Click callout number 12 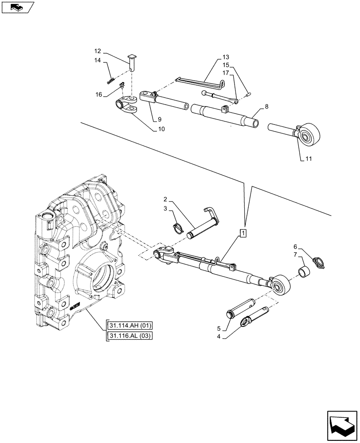98,51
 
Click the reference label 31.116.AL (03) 129,336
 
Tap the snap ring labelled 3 179,228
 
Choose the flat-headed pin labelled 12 132,62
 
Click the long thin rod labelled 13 200,81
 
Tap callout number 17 226,73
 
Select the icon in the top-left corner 18,7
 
